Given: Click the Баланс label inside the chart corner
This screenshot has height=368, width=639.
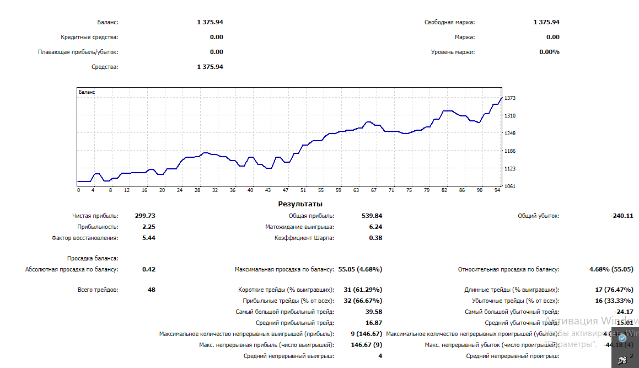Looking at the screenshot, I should [87, 92].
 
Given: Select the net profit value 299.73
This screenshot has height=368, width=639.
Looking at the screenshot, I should [145, 216].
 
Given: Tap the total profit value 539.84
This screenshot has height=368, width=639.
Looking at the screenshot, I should [372, 216].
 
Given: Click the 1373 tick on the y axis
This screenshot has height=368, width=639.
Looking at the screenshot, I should [509, 98].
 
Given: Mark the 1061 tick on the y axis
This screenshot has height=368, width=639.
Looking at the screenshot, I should [509, 186].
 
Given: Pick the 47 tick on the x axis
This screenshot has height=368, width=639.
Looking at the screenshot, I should [286, 190].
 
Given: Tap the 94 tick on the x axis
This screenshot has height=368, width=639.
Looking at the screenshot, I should [497, 190].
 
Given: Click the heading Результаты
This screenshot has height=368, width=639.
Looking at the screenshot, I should [300, 204].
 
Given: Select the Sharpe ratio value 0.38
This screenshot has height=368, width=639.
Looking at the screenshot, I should [375, 238].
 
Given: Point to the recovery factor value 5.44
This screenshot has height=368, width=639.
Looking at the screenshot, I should [148, 238].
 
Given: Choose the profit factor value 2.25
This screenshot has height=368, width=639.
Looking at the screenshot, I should [148, 227].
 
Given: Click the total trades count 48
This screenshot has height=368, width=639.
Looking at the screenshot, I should [152, 290].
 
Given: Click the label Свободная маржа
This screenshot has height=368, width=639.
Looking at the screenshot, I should [449, 23].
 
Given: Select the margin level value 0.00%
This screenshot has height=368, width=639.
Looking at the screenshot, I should [549, 52].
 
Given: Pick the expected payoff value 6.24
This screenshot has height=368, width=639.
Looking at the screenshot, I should [375, 227].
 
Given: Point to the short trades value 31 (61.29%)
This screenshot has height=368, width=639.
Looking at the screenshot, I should [362, 290].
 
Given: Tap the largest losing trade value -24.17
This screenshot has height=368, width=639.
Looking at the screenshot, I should [623, 312].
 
